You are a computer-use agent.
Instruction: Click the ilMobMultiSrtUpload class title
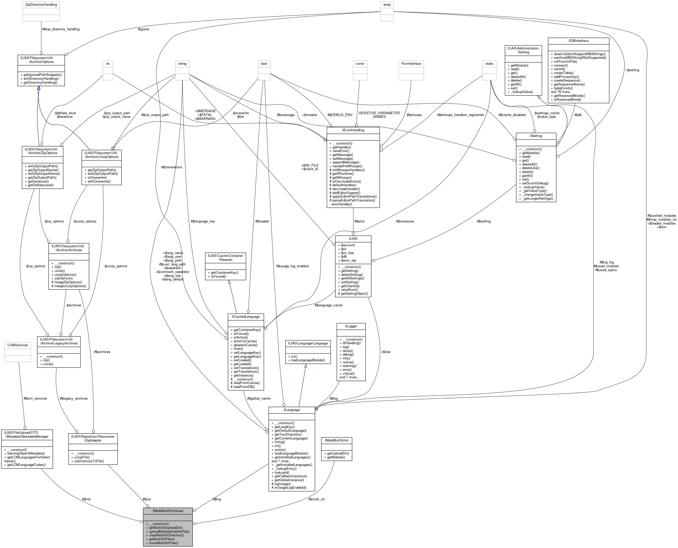[167, 511]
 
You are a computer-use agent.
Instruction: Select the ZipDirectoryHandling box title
[41, 5]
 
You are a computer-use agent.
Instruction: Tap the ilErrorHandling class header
[353, 130]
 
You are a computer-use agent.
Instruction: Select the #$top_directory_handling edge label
[61, 29]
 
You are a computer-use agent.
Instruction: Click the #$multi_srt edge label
[316, 499]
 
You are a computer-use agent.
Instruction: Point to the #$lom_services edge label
[35, 398]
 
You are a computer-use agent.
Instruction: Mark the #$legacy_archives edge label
[74, 398]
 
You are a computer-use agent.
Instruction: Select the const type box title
[360, 63]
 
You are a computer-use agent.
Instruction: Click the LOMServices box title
[18, 345]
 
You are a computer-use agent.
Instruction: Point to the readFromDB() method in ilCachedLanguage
[243, 387]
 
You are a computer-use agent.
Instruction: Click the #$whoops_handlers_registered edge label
[460, 115]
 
